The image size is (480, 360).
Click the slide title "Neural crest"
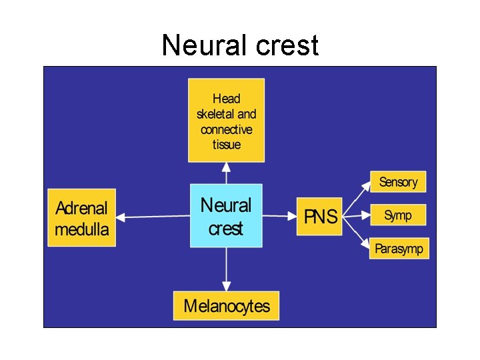[x=240, y=46]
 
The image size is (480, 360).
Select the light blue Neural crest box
[x=226, y=216]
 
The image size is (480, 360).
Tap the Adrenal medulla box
[x=81, y=217]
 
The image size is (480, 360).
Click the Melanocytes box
[x=226, y=306]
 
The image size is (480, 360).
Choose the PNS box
[x=319, y=216]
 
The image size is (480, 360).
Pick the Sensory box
[x=398, y=182]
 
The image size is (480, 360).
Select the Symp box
[x=398, y=215]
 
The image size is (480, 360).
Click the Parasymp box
[x=398, y=249]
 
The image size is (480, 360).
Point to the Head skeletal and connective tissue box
[x=226, y=121]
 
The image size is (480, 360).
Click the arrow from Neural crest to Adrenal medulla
[x=153, y=216]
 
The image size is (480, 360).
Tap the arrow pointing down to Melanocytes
[x=227, y=269]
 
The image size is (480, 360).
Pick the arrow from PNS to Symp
[x=356, y=215]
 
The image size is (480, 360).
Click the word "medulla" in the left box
[x=81, y=230]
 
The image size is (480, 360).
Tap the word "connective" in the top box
[x=226, y=129]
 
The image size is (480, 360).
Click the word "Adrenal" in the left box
[x=81, y=207]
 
